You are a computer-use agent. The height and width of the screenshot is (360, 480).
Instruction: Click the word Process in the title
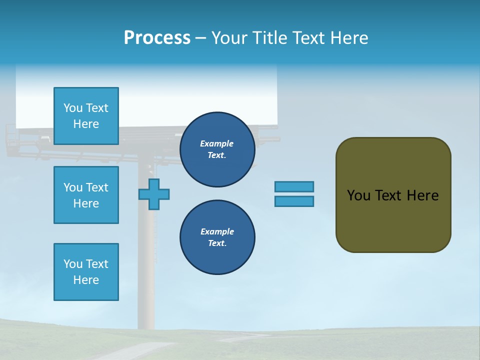tap(157, 38)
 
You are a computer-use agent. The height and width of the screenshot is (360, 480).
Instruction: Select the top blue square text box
tap(86, 116)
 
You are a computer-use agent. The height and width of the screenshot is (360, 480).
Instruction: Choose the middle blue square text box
tap(86, 195)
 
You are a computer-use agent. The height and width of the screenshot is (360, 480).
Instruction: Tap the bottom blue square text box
tap(86, 272)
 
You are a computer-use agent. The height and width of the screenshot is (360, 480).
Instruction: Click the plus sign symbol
tap(154, 194)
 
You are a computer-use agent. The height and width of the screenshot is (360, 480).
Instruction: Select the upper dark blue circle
tap(217, 149)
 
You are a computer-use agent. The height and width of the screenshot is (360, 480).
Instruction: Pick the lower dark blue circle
tap(217, 237)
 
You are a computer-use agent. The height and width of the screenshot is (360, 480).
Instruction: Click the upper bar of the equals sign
tap(294, 186)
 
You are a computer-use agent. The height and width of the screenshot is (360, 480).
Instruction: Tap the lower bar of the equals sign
tap(294, 201)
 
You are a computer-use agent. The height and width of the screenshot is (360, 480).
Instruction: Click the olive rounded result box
tap(393, 220)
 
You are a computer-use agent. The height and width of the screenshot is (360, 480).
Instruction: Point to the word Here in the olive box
tap(422, 195)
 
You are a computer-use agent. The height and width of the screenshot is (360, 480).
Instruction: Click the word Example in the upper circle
tap(216, 143)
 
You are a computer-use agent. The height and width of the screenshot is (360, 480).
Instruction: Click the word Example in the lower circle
tap(217, 231)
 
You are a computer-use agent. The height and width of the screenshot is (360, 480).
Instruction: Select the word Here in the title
tap(348, 38)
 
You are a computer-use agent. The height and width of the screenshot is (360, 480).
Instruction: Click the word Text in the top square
tap(97, 108)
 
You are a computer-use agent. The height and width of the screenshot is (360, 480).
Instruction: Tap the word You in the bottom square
tap(73, 264)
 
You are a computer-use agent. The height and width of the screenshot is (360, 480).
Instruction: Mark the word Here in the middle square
tap(86, 203)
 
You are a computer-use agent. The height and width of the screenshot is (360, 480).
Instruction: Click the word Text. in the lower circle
tap(217, 243)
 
